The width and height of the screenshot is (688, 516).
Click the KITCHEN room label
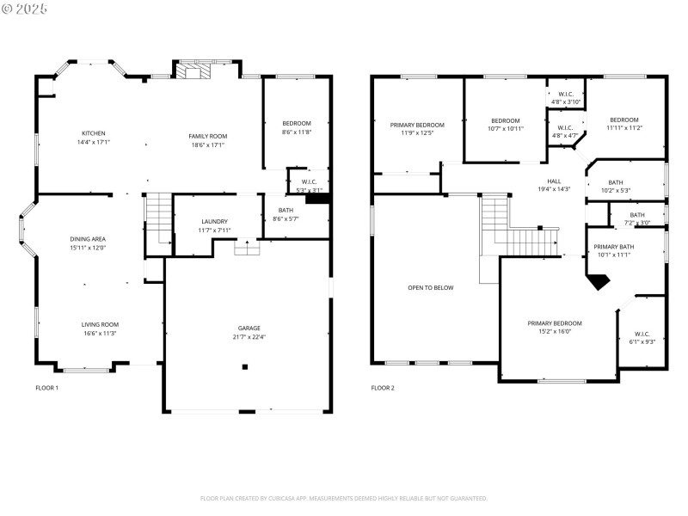[x=94, y=133]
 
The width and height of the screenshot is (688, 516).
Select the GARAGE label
[x=249, y=329]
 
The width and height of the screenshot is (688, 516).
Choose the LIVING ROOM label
[x=100, y=324]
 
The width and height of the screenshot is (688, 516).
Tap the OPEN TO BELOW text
[x=430, y=288]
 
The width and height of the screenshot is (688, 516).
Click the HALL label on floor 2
[x=554, y=181]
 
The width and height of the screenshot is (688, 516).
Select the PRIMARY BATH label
[x=614, y=247]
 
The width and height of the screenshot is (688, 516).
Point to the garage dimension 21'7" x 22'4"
[x=249, y=337]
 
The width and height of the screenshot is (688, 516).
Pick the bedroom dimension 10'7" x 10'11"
[x=506, y=129]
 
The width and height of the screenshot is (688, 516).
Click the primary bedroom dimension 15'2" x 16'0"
[x=555, y=331]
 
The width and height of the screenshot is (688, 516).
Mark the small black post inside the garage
[x=245, y=366]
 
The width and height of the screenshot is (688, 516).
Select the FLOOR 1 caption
[x=46, y=388]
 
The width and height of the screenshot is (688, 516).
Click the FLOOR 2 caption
[x=383, y=388]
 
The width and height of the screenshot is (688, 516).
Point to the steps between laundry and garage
[x=248, y=247]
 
